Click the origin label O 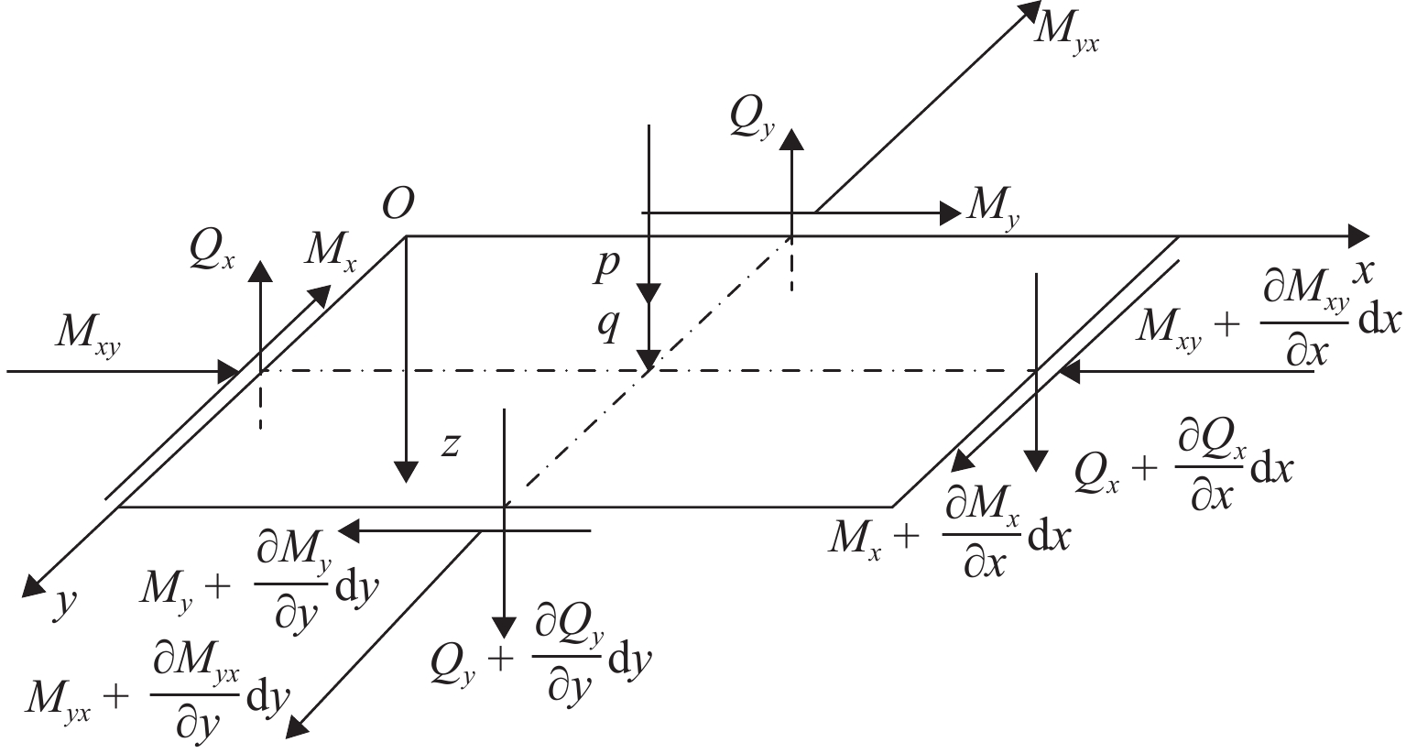click(398, 203)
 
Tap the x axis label click(1361, 272)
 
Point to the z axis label click(452, 446)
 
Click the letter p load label click(607, 266)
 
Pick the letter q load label click(608, 327)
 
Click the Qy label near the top click(752, 119)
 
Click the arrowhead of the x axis click(1357, 236)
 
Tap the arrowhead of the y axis click(33, 584)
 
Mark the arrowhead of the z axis click(407, 471)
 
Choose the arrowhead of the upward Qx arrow click(260, 271)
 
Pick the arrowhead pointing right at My click(950, 213)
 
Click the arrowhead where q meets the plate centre click(649, 359)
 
